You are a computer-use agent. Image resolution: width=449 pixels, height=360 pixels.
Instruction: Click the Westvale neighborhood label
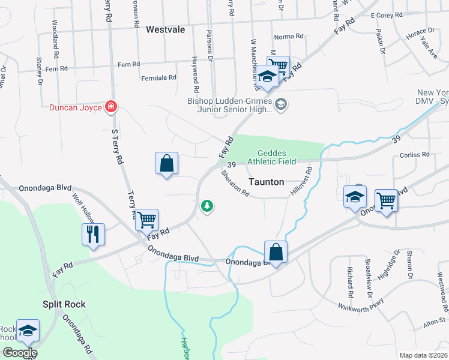point(165,28)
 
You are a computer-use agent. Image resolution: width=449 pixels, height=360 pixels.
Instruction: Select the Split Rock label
point(64,304)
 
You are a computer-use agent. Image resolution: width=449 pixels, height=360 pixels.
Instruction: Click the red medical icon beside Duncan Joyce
point(111,107)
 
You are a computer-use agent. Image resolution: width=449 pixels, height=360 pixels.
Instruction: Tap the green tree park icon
point(207,206)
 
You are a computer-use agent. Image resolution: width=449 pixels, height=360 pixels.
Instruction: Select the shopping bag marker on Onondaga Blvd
point(276,251)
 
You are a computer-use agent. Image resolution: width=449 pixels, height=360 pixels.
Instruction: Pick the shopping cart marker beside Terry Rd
point(146,219)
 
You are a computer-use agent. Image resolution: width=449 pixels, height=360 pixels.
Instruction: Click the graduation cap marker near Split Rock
point(28,330)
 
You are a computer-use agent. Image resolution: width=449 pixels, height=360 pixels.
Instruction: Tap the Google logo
point(19,353)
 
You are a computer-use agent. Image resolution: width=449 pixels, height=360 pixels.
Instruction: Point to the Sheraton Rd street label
point(235,184)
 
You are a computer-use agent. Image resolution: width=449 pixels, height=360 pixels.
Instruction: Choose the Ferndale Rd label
point(158,77)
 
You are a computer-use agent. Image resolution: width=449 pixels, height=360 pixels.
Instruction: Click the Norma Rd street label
point(289,37)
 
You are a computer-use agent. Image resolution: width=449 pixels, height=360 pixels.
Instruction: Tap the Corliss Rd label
point(415,154)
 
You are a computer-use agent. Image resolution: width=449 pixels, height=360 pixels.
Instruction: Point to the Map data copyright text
point(423,355)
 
